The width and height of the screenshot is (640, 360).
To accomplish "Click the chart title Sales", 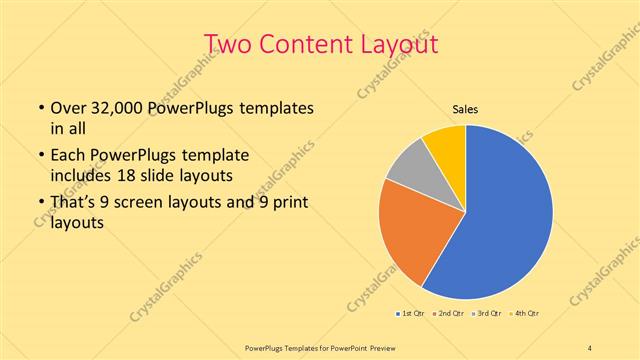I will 466,109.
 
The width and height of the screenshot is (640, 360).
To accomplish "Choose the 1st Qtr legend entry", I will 410,314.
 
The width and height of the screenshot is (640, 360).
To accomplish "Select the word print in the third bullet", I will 288,204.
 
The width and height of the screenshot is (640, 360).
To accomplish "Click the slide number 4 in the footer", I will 590,346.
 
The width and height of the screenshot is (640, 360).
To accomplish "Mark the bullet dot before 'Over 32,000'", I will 39,108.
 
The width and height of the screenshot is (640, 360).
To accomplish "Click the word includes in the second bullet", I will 81,175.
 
